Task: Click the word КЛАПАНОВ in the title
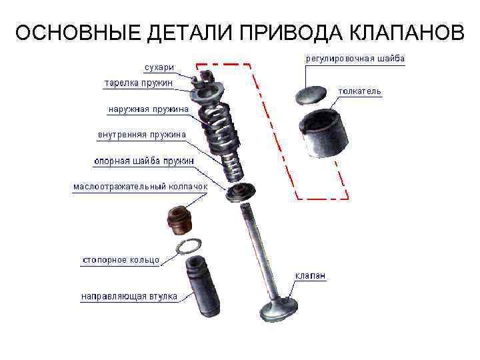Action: (407, 32)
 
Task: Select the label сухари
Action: (159, 67)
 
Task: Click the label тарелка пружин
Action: (139, 83)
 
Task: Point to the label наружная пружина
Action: (149, 109)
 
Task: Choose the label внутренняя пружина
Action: (142, 135)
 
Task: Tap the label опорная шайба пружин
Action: (144, 161)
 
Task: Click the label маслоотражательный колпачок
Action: (141, 187)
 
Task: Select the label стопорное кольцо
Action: (121, 260)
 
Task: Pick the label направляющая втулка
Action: (129, 297)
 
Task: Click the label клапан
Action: (310, 275)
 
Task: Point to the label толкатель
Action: (360, 91)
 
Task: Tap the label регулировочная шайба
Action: (355, 59)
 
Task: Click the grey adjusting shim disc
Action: (311, 95)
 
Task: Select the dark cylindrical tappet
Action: (324, 133)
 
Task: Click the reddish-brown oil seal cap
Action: (180, 221)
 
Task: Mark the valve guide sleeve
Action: (202, 286)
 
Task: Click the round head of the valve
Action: (279, 309)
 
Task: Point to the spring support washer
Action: (241, 192)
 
